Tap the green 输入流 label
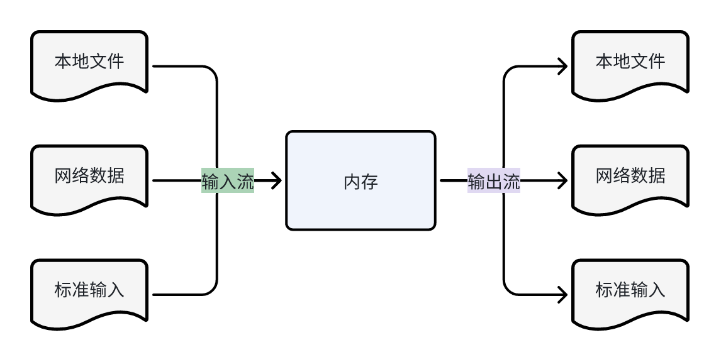(228, 181)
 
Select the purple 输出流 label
(494, 181)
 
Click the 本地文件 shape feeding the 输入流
(89, 63)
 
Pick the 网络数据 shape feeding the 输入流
(89, 177)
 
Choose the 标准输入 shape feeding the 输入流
(89, 292)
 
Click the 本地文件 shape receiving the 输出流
(630, 63)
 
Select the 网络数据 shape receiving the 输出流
(630, 177)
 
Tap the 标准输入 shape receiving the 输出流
(630, 292)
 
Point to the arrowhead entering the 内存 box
(276, 181)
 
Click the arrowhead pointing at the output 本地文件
(562, 66)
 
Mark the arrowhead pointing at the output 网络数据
(562, 181)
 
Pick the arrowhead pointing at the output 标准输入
(562, 294)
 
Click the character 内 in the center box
(352, 182)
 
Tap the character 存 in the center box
(370, 182)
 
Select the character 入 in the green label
(228, 182)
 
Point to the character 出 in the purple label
(494, 182)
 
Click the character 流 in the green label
(245, 182)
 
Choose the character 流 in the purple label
(511, 182)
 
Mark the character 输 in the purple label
(476, 182)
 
